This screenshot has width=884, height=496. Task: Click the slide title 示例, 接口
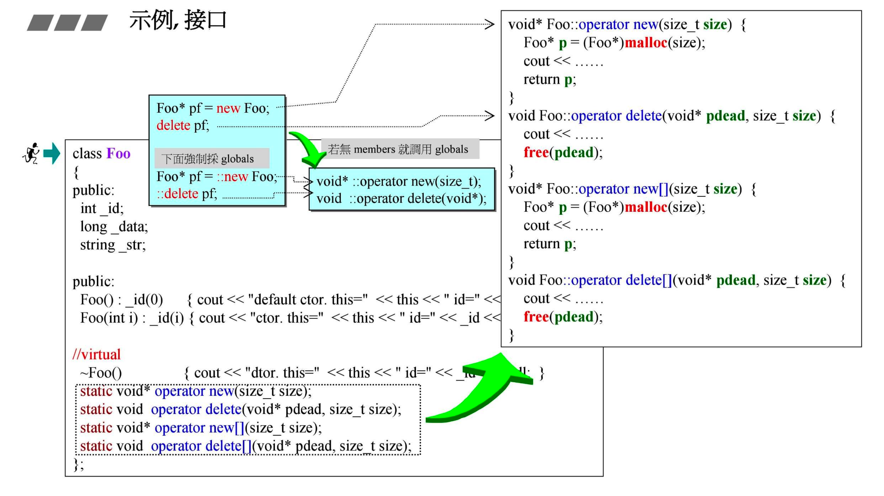coord(178,21)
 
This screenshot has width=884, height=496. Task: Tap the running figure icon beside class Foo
coord(31,153)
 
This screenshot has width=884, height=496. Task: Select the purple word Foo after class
coord(118,153)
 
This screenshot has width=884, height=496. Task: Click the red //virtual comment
coord(97,354)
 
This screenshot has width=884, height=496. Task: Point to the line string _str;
coord(113,245)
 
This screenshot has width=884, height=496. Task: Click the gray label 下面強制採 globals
coord(208,159)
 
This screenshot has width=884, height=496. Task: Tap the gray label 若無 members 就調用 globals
coord(398,149)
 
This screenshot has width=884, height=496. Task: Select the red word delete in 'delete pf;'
coord(173,125)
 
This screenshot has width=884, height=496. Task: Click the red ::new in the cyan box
coord(232,177)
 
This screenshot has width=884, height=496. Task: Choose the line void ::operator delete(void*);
coord(401,198)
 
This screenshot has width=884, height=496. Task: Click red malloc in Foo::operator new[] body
coord(646,207)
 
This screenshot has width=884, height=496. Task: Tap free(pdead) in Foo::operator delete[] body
coord(563,316)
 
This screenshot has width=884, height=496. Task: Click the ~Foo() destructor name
coord(101,373)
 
